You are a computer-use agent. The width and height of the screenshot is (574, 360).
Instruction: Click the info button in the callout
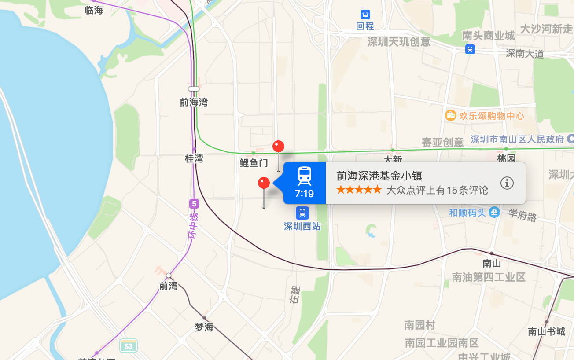click(507, 183)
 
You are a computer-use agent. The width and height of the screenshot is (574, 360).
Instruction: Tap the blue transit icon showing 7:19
click(304, 183)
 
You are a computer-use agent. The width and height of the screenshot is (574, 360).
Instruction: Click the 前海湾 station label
click(194, 103)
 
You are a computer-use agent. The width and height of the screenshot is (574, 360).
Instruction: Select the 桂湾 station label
click(194, 158)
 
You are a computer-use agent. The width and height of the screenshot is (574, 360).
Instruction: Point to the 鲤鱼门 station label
click(254, 163)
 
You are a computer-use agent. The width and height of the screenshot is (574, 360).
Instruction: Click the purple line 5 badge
click(194, 204)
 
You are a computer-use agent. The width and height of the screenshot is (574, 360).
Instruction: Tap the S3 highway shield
click(128, 346)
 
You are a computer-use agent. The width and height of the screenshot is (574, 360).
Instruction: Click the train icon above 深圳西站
click(302, 213)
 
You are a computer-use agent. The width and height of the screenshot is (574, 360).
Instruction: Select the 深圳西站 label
click(302, 227)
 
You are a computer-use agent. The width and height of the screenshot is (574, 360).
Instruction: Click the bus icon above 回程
click(365, 15)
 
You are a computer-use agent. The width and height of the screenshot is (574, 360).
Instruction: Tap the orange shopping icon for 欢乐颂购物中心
click(450, 115)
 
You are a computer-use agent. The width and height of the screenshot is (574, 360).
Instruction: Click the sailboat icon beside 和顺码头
click(494, 212)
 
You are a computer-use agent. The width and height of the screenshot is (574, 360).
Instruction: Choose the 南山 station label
click(492, 263)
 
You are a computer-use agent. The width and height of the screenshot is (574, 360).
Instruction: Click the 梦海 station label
click(204, 327)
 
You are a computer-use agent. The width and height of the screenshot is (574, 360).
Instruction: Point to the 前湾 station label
click(168, 286)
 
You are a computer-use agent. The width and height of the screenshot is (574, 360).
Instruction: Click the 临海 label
click(94, 10)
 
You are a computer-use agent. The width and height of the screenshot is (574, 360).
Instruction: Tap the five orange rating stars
click(359, 190)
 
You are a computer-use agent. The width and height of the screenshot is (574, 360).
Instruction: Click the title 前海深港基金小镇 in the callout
click(379, 176)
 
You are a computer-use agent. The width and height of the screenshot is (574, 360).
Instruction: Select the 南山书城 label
click(546, 331)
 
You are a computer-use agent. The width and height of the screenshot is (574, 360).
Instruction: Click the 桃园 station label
click(506, 158)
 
